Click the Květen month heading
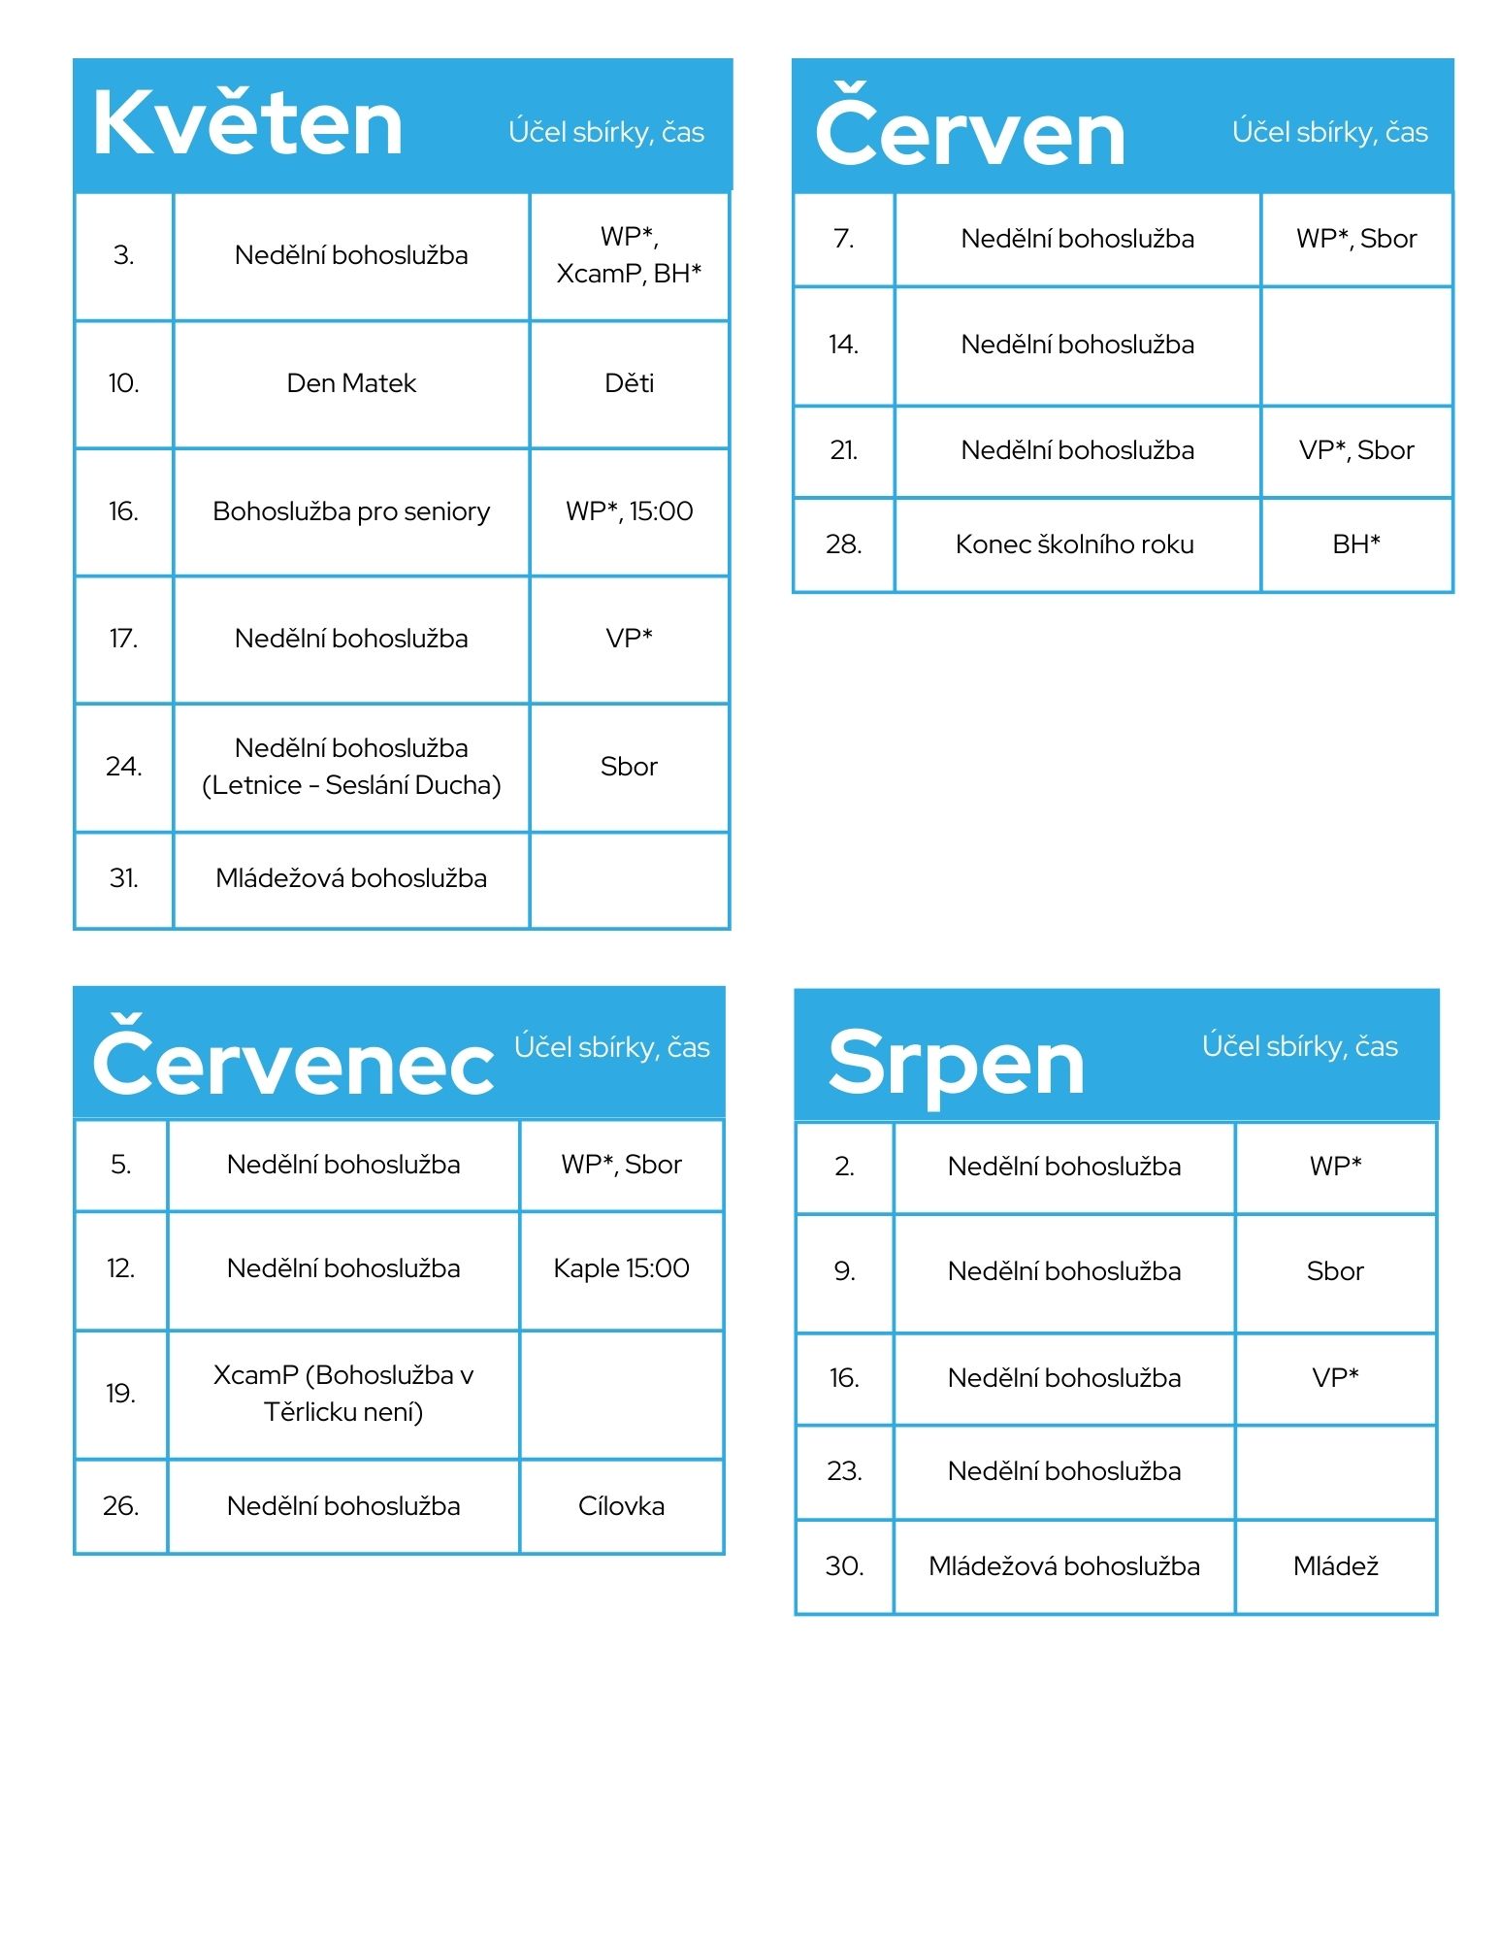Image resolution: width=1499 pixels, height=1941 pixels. pos(247,124)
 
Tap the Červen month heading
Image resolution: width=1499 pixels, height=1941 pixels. pos(969,132)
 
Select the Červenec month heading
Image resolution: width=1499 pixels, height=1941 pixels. pos(292,1060)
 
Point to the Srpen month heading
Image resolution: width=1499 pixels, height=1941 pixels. pos(956,1063)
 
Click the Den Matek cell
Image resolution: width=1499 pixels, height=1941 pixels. pos(351,383)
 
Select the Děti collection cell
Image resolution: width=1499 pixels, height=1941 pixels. pos(629,383)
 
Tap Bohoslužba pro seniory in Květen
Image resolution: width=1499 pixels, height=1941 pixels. pos(351,511)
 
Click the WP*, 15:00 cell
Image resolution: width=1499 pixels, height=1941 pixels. pos(629,511)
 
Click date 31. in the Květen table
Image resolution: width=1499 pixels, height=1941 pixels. pos(123,878)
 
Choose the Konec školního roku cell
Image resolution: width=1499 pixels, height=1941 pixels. pos(1074,544)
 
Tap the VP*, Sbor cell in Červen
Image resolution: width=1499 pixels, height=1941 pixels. pos(1355,450)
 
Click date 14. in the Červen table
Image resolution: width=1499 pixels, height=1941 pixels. pos(843,345)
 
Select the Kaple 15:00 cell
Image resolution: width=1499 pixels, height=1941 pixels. pos(621,1268)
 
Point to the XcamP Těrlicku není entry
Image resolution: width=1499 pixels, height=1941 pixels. pos(343,1393)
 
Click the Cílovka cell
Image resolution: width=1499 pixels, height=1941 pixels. pos(621,1506)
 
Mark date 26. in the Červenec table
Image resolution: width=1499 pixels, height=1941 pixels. pos(120,1506)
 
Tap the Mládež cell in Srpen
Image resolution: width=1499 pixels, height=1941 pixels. pos(1335,1566)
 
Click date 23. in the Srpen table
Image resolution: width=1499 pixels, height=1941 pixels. pos(843,1471)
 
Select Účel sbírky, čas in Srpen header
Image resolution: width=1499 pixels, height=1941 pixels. pos(1299,1046)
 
